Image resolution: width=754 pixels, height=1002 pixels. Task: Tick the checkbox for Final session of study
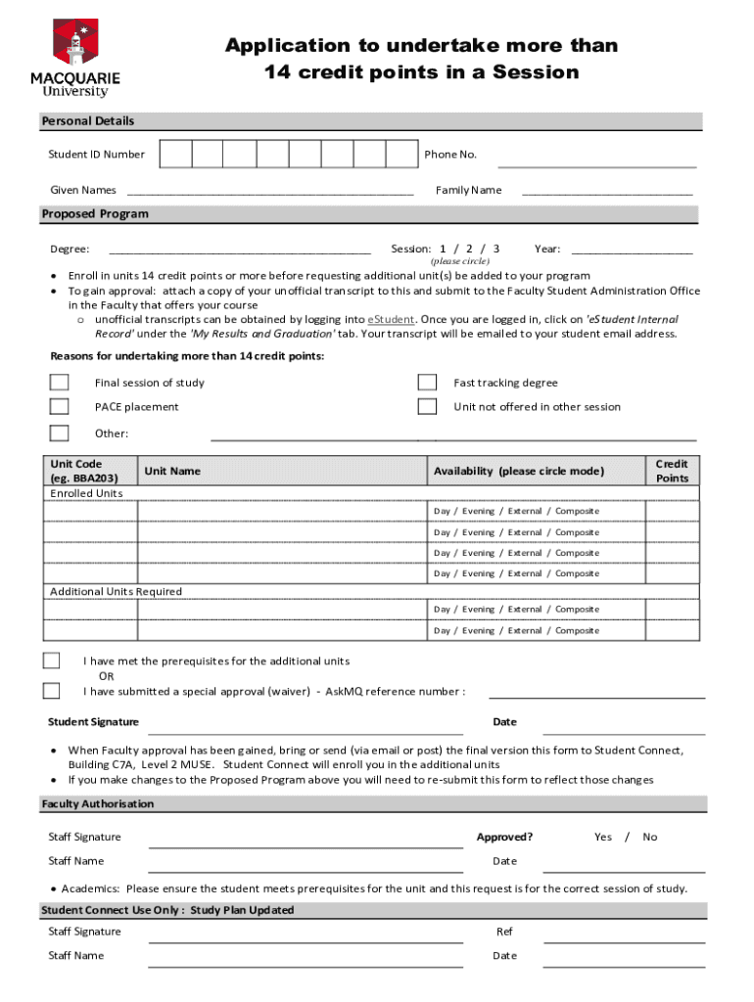(60, 383)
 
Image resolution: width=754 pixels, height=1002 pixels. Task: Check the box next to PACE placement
(60, 406)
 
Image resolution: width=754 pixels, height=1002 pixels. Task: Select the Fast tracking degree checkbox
(427, 383)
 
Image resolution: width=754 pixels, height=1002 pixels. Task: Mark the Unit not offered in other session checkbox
(427, 406)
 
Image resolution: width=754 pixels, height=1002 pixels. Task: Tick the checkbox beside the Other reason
(60, 433)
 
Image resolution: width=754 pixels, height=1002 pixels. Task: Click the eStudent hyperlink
(391, 319)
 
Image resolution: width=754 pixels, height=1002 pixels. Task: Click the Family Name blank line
(606, 191)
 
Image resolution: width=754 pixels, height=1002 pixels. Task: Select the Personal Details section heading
(87, 121)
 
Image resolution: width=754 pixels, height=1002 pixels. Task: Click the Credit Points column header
(672, 471)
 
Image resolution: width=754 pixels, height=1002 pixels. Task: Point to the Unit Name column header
(172, 471)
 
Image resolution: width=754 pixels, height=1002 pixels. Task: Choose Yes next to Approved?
(603, 837)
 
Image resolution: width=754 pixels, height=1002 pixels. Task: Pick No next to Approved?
(650, 837)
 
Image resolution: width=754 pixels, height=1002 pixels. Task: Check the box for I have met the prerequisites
(52, 661)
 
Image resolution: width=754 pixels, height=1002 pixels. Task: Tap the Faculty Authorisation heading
(97, 803)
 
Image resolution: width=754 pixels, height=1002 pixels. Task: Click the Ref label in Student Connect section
(504, 932)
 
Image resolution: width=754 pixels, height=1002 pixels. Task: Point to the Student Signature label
(93, 722)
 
